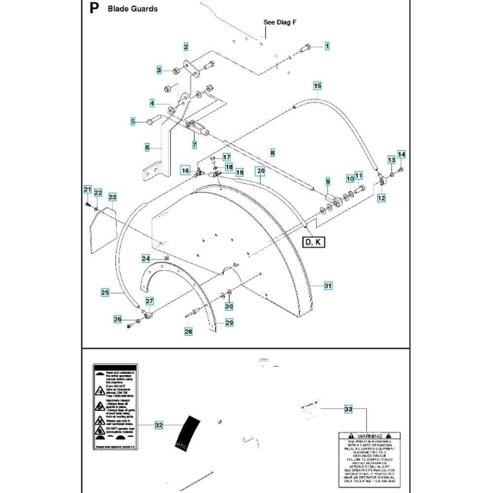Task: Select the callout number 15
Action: click(x=317, y=86)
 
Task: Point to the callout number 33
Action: click(x=348, y=409)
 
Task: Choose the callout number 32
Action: click(x=158, y=425)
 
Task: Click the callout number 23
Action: click(x=112, y=197)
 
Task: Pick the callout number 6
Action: click(x=147, y=147)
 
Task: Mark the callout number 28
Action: click(x=188, y=332)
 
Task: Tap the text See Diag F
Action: click(x=280, y=22)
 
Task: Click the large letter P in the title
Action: click(x=94, y=8)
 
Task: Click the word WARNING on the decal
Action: click(x=370, y=436)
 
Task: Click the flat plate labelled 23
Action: click(x=104, y=229)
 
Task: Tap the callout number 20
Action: click(x=261, y=171)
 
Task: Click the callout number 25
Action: click(x=105, y=292)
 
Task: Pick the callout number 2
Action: click(x=186, y=47)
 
